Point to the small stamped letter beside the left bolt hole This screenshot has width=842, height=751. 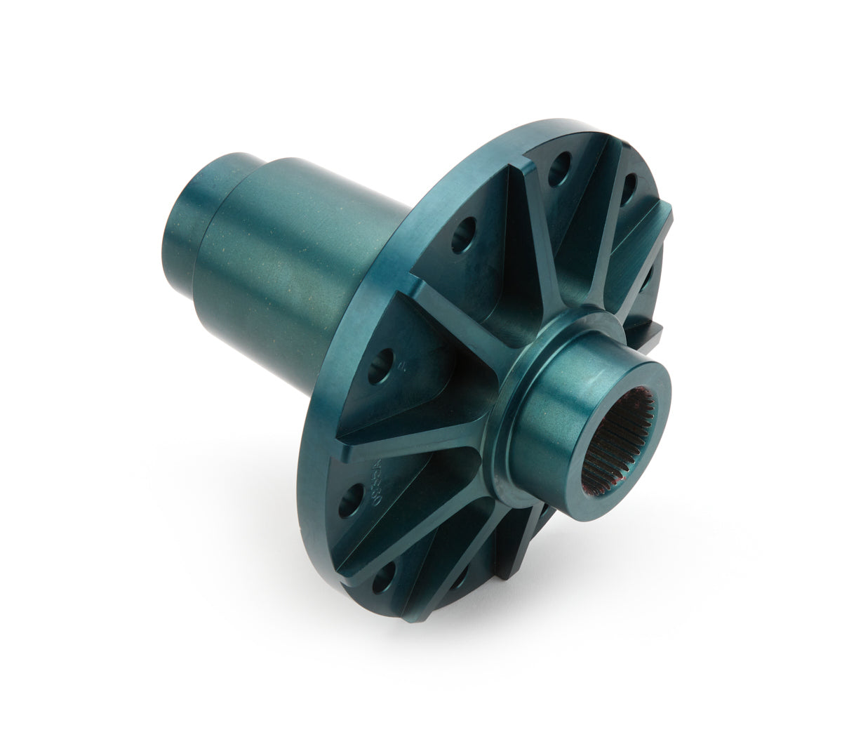(402, 366)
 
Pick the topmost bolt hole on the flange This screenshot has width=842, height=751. (559, 167)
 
